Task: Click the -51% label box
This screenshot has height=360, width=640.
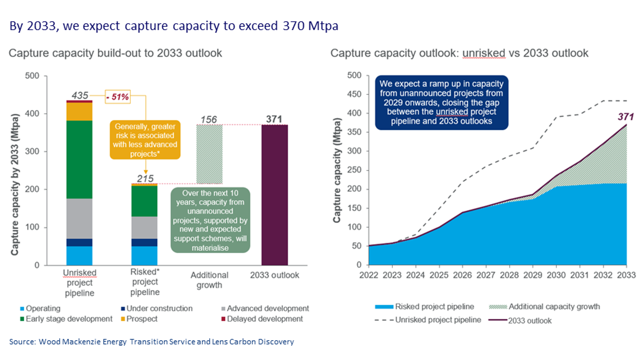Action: click(118, 97)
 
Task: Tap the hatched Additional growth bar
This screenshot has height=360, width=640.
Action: click(209, 154)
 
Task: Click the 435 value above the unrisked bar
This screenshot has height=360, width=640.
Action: click(80, 95)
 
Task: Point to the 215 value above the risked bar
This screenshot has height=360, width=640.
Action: click(145, 178)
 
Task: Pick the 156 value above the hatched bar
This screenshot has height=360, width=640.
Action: click(208, 120)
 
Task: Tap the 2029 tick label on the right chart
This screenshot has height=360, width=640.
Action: click(532, 275)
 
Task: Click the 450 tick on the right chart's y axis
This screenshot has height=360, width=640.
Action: click(354, 94)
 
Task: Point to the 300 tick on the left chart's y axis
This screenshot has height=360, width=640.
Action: click(32, 152)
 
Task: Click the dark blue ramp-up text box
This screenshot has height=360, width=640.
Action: click(441, 102)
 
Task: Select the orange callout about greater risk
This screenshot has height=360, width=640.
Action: click(145, 140)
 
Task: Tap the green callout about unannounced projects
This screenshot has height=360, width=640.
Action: click(210, 220)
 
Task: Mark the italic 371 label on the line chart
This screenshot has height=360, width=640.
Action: click(625, 117)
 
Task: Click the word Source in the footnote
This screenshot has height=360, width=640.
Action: click(22, 342)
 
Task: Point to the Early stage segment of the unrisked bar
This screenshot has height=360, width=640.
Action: click(80, 159)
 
